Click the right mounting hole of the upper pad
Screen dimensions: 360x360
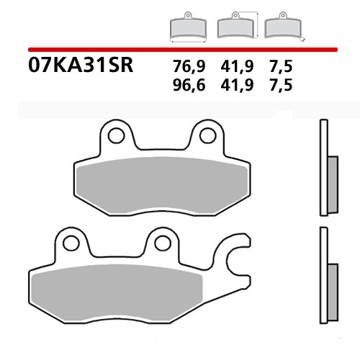(x=207, y=135)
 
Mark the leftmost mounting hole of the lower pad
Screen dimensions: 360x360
(x=71, y=243)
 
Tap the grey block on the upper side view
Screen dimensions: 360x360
(x=332, y=184)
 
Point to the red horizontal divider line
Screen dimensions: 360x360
(x=180, y=50)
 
